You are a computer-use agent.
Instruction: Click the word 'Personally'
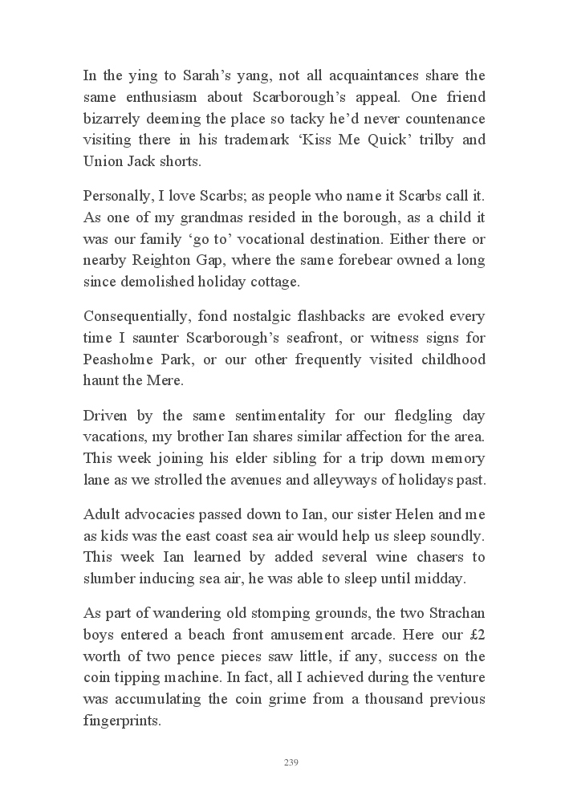click(118, 197)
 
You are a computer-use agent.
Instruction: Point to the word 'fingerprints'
click(122, 721)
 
